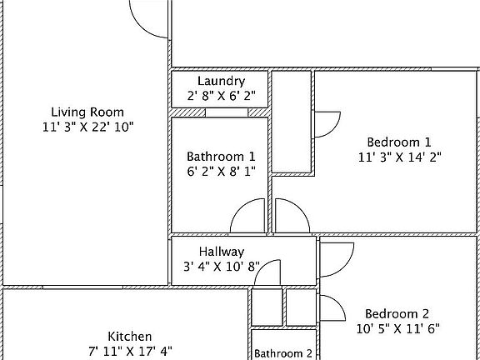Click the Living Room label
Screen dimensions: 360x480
coord(87,112)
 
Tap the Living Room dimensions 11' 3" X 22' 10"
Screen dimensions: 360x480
coord(87,127)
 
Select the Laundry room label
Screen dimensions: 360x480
coord(221,81)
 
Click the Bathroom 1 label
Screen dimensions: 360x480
coord(221,156)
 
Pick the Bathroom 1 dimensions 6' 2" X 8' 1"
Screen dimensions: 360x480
coord(221,171)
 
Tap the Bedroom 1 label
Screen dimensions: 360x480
coord(400,141)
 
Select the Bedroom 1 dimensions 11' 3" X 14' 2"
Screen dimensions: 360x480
coord(400,156)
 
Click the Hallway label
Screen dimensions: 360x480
coord(222,252)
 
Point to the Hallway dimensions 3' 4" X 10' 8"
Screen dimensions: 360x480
coord(222,267)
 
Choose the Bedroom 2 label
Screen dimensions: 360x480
coord(397,313)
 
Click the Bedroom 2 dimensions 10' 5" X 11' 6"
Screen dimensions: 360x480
coord(397,328)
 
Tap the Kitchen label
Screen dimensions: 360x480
coord(129,336)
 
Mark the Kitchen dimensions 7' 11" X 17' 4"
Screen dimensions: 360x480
coord(129,351)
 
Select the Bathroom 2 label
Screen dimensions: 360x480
coord(283,353)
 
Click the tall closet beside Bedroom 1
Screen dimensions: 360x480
coord(292,122)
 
